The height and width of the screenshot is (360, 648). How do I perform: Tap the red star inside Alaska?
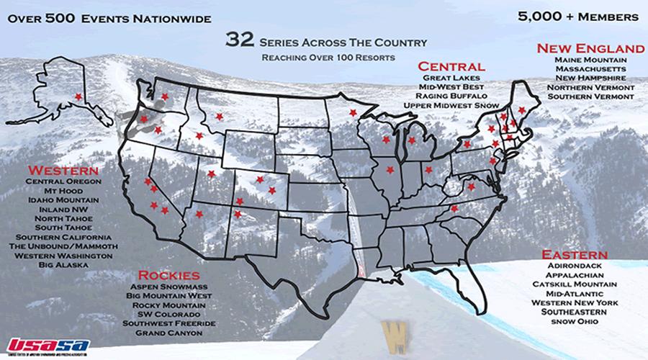pyautogui.click(x=78, y=96)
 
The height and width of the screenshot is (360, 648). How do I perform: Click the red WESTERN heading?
pyautogui.click(x=63, y=171)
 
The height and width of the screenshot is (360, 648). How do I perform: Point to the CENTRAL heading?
pyautogui.click(x=451, y=66)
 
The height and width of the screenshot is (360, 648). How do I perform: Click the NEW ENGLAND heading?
pyautogui.click(x=590, y=48)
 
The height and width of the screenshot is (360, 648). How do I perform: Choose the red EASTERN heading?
pyautogui.click(x=575, y=256)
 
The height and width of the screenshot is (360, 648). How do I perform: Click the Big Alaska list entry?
pyautogui.click(x=63, y=265)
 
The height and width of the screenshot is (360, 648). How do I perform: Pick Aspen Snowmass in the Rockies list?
pyautogui.click(x=174, y=287)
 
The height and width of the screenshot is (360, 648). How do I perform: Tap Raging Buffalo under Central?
pyautogui.click(x=456, y=96)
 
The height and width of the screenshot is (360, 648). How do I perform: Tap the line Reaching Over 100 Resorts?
pyautogui.click(x=328, y=56)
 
